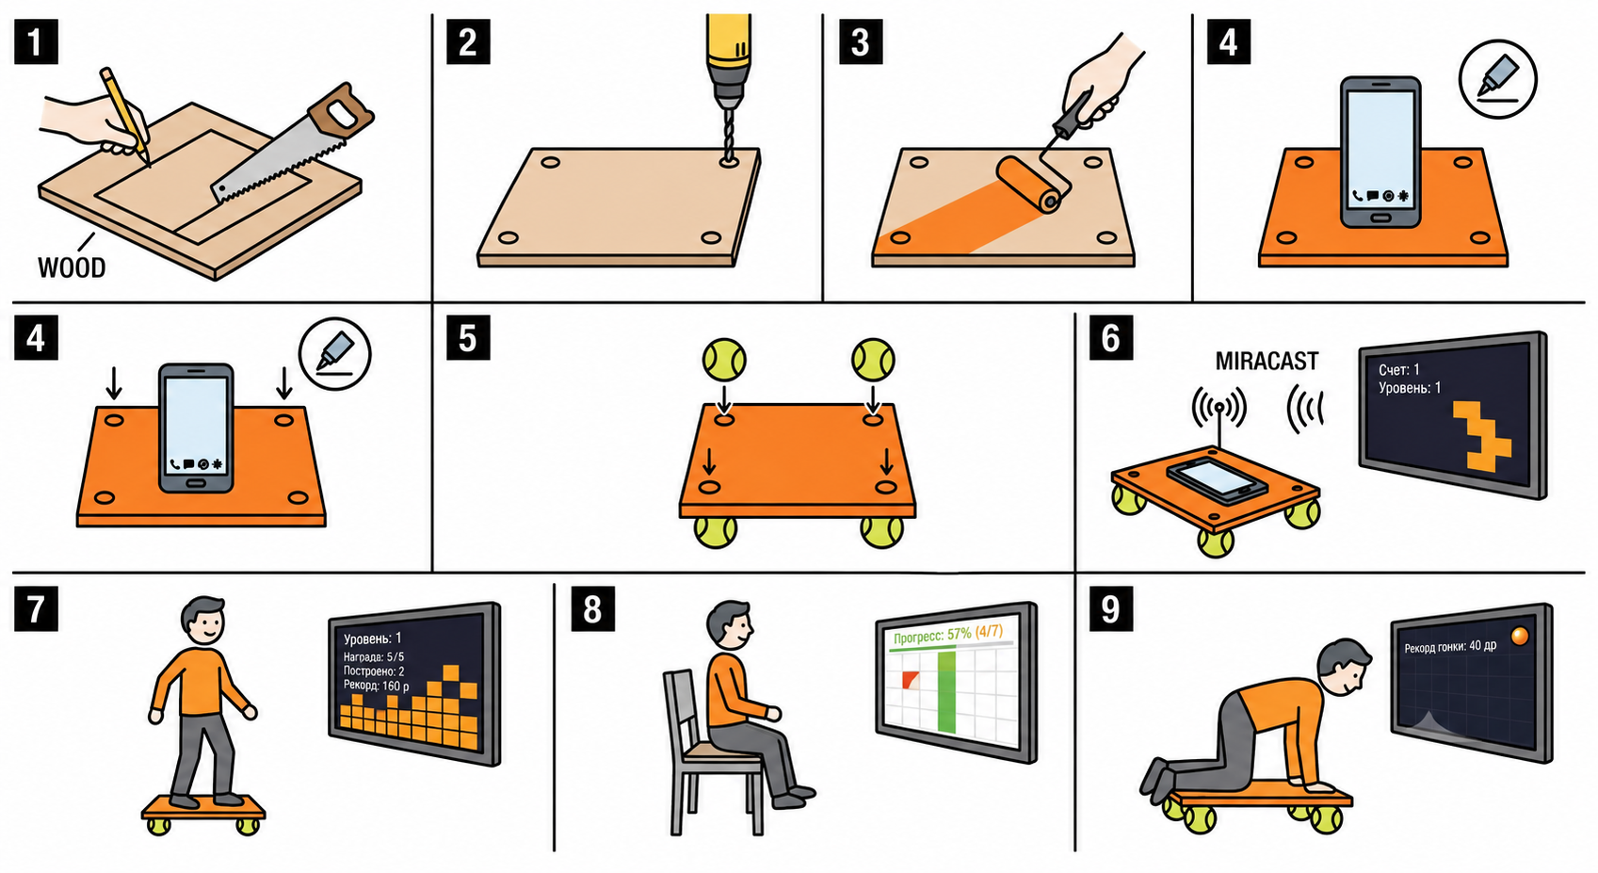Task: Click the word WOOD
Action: (72, 268)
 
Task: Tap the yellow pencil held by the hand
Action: (125, 117)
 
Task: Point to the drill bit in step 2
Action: (728, 136)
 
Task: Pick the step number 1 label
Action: (36, 42)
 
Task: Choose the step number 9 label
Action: (1111, 609)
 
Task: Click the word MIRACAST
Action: (1267, 362)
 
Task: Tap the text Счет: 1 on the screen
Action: (1398, 369)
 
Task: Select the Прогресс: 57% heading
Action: (931, 636)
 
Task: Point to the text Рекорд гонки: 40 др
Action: (1449, 646)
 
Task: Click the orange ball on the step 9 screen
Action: (1520, 636)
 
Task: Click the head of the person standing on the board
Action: (204, 622)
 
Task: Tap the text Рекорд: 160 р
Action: (376, 686)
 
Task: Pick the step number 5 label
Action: (468, 338)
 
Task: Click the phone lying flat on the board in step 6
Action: (1218, 480)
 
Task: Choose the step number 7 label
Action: (36, 609)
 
